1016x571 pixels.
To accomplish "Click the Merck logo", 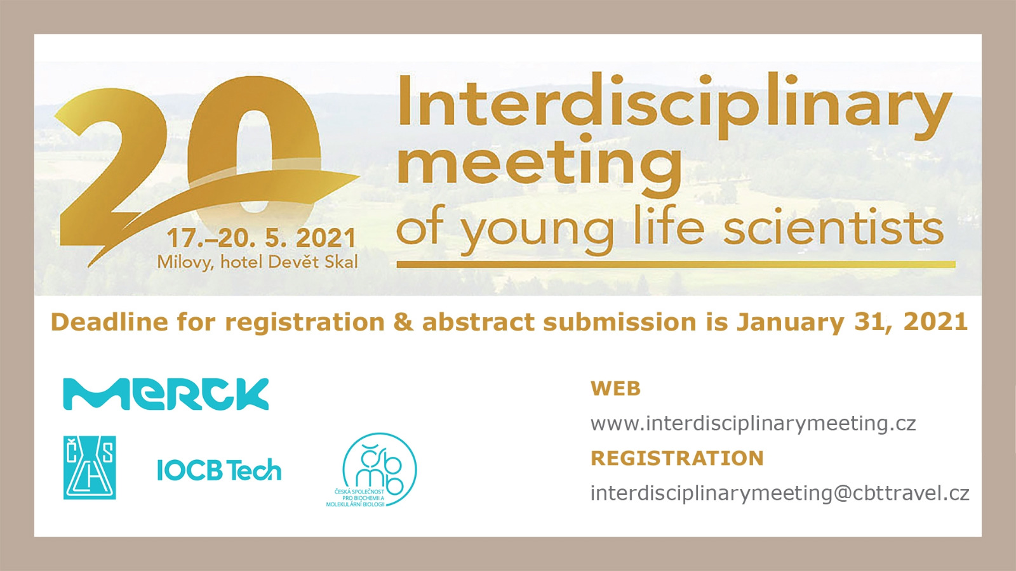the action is tap(166, 394).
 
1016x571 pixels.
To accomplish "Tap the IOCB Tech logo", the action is tap(219, 470).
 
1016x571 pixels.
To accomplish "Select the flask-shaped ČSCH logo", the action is tap(90, 468).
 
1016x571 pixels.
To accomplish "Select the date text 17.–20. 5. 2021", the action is tap(262, 239).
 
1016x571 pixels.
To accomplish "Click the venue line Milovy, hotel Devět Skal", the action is tap(257, 263).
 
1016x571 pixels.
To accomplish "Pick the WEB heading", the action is tap(615, 389).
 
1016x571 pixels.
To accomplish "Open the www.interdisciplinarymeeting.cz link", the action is tap(753, 424).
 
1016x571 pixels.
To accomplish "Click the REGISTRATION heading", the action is tap(677, 458).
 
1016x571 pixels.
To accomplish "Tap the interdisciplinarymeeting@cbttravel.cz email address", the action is tap(780, 493).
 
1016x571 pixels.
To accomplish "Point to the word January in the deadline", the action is tap(791, 323).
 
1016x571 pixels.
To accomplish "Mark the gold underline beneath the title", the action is tap(676, 264).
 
